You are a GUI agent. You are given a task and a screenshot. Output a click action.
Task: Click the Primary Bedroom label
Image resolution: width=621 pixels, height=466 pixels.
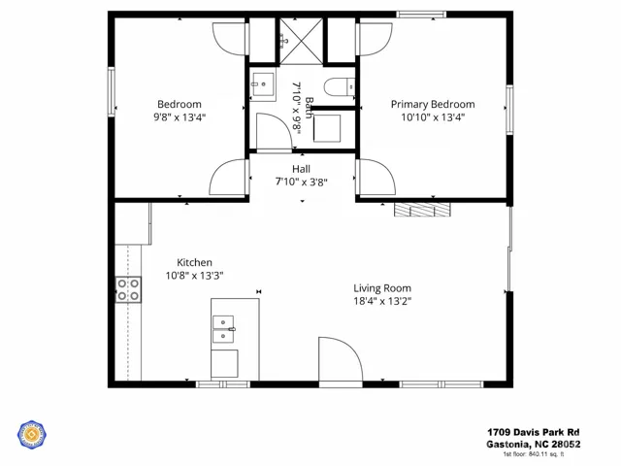(433, 104)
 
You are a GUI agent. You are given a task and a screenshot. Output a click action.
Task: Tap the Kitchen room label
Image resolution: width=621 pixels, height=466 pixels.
(194, 262)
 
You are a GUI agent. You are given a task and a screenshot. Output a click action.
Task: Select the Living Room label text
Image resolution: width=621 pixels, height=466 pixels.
(382, 288)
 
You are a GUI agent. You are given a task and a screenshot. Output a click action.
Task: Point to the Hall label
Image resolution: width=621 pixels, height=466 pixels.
(301, 169)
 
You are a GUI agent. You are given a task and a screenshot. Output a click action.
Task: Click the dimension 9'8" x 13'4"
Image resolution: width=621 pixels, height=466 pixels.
(180, 117)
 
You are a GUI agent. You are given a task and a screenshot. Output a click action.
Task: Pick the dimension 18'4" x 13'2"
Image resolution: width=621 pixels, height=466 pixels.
(382, 301)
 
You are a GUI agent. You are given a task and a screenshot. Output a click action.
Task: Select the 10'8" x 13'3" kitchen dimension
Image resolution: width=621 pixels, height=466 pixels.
(194, 276)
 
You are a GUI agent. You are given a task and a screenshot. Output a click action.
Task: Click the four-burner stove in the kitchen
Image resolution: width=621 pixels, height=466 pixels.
(128, 289)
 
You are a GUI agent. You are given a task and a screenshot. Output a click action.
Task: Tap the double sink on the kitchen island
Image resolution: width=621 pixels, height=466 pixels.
(223, 329)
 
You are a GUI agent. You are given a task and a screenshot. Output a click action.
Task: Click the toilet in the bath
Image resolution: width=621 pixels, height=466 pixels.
(339, 87)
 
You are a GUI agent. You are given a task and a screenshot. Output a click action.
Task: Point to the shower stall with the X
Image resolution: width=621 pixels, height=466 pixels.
(302, 41)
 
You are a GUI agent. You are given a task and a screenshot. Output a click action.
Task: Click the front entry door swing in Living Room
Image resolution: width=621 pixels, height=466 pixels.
(341, 360)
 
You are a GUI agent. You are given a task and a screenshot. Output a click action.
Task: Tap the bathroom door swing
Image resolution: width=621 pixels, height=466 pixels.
(274, 132)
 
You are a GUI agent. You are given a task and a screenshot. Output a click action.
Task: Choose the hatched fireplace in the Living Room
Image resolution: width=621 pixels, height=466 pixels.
(423, 210)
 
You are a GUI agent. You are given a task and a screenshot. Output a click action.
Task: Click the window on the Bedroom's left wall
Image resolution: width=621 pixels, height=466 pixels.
(112, 92)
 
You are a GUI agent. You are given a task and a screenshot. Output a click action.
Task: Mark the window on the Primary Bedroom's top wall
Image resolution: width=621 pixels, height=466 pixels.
(421, 15)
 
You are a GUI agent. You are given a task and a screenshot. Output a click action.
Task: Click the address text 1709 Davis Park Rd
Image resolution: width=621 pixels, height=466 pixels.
(533, 432)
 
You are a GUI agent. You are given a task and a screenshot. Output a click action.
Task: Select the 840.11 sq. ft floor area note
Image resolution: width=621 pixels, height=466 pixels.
(534, 454)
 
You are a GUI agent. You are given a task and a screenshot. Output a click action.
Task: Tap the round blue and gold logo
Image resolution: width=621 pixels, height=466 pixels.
(32, 435)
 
